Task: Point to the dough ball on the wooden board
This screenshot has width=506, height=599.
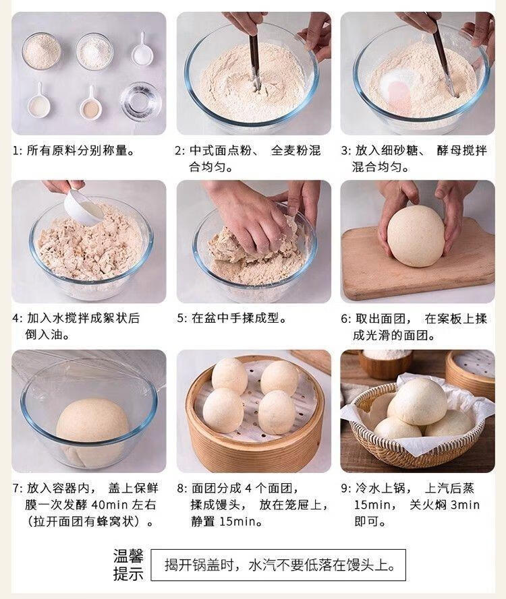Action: click(416, 236)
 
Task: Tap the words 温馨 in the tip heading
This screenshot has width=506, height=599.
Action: click(128, 557)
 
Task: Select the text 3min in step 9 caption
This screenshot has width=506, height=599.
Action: click(465, 505)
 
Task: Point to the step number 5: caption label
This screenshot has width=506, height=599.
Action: click(181, 318)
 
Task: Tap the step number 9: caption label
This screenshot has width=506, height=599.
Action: click(345, 488)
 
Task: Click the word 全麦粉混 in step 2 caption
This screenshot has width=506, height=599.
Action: click(296, 150)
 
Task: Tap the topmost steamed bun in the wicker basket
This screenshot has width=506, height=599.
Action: click(416, 400)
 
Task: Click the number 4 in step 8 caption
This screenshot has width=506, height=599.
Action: click(248, 488)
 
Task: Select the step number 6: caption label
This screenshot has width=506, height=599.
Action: click(345, 318)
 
